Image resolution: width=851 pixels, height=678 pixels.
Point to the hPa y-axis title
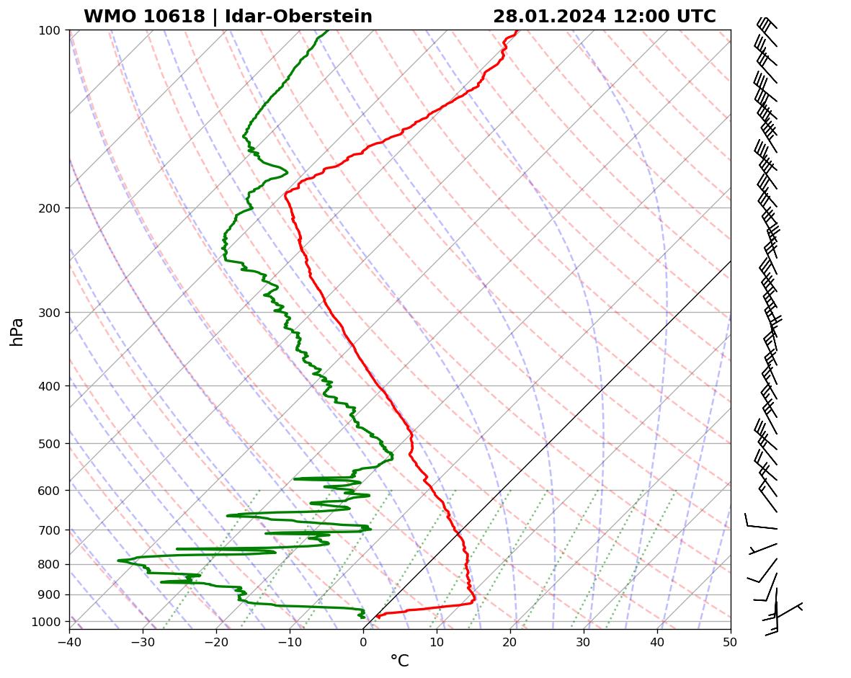(17, 331)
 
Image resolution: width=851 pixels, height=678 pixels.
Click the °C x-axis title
(399, 661)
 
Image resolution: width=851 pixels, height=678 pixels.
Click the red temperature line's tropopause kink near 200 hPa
(285, 194)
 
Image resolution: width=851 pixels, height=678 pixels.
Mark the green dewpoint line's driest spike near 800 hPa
(119, 560)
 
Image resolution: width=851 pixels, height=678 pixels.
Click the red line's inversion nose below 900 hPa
(474, 599)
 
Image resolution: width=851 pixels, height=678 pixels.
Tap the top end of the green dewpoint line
(329, 30)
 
